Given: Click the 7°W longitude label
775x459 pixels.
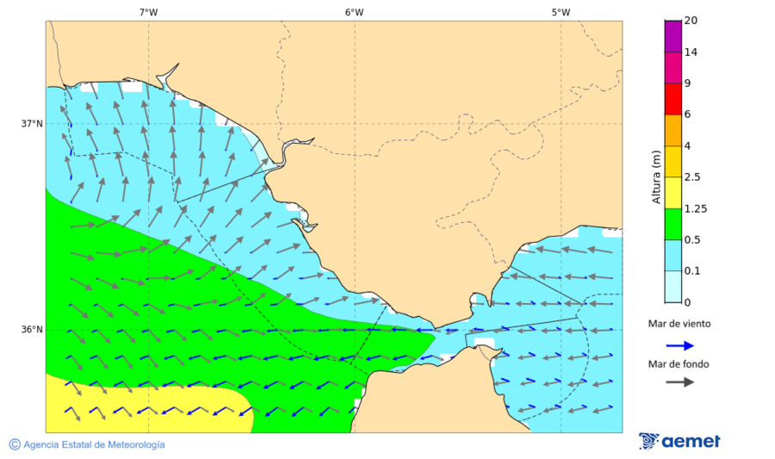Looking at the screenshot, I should [x=148, y=12].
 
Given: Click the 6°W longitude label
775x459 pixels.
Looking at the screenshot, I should [x=354, y=12].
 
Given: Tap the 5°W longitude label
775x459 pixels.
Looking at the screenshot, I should [x=561, y=12].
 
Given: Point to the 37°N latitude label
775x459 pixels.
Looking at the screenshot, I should [x=32, y=123].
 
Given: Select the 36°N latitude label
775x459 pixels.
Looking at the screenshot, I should [x=32, y=329].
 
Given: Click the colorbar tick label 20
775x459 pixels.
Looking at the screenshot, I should [x=691, y=21].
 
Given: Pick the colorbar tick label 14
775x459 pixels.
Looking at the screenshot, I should [x=691, y=52].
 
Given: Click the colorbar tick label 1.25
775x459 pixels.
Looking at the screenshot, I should [x=697, y=208].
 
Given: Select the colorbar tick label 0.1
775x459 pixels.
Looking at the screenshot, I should [x=693, y=270].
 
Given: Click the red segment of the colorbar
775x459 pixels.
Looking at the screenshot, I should [x=673, y=98].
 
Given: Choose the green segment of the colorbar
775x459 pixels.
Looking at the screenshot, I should [x=673, y=224].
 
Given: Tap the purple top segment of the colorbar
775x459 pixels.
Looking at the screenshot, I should [x=673, y=36].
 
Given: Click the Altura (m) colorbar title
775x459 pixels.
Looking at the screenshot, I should [x=657, y=177].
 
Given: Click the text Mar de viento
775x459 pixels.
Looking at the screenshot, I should [x=679, y=324].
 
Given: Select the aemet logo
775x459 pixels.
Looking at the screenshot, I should [x=680, y=441].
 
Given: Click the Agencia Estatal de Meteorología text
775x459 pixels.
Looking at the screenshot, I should [x=94, y=444].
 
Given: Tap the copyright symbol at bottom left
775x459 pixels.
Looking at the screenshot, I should [x=15, y=444].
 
